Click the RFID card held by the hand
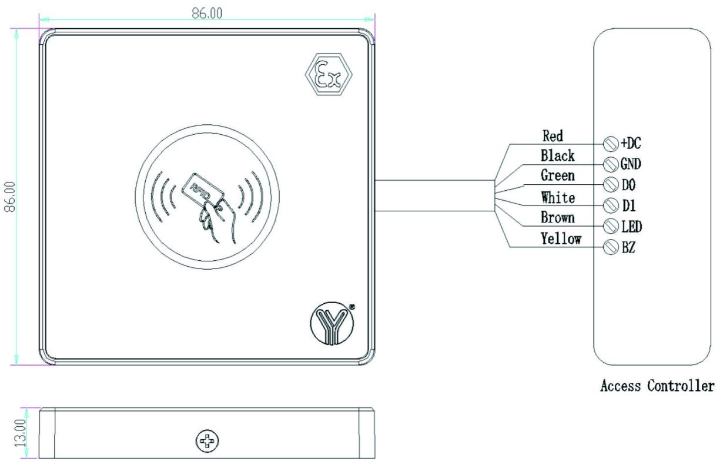pos(205,191)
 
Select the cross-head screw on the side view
pos(207,440)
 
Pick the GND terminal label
pos(631,164)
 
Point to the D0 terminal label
pos(628,185)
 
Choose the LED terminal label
pos(631,226)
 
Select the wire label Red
pos(552,136)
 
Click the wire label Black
pos(558,156)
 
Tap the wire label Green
pos(558,175)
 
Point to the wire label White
pos(558,197)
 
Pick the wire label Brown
pos(558,218)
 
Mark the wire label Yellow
pos(561,238)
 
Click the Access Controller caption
pos(657,386)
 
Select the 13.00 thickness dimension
pos(19,432)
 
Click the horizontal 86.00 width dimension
pos(207,12)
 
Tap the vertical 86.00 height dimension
pos(9,198)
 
